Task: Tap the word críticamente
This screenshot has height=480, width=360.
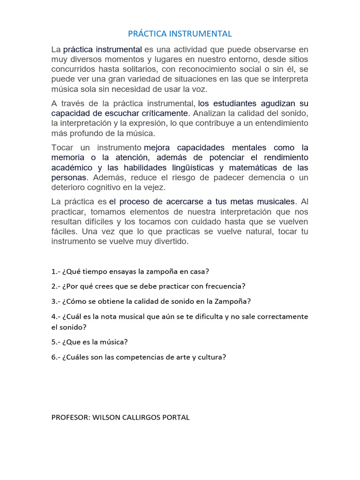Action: click(164, 113)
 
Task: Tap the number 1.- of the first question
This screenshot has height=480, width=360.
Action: click(55, 271)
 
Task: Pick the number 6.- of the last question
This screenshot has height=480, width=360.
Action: click(55, 357)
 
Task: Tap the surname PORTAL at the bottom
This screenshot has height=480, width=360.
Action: click(175, 417)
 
